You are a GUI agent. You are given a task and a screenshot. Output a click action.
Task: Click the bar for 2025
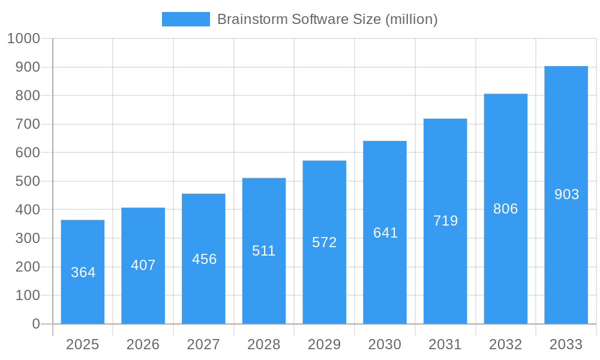(x=83, y=272)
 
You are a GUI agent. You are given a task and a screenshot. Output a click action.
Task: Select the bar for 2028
(x=264, y=251)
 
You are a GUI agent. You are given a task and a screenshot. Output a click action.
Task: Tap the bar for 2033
(x=566, y=195)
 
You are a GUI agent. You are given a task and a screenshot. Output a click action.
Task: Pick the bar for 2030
(x=385, y=233)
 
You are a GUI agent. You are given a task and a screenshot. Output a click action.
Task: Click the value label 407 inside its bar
(x=143, y=265)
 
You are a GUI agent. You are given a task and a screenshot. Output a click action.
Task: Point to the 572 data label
(x=325, y=242)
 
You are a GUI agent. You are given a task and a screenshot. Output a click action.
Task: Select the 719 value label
(x=445, y=221)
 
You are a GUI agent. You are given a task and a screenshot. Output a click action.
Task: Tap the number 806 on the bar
(x=505, y=209)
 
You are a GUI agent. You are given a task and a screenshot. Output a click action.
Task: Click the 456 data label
(x=204, y=259)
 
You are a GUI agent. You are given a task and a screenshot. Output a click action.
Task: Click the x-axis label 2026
(x=143, y=344)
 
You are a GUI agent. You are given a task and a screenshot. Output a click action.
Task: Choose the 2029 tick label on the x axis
(x=324, y=344)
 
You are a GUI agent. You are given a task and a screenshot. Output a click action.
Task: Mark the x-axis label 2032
(x=505, y=344)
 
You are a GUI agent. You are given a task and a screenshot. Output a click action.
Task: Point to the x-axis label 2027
(x=203, y=344)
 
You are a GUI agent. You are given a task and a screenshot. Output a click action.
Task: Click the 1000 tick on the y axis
(x=23, y=38)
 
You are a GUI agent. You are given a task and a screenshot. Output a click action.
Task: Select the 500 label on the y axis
(x=28, y=181)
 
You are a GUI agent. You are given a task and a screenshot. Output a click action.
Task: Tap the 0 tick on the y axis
(x=36, y=324)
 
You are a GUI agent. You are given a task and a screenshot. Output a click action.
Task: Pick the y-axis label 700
(x=28, y=124)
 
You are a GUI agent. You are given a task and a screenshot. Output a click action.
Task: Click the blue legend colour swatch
(x=186, y=19)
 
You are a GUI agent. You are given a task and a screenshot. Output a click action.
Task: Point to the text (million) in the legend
(x=411, y=19)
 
